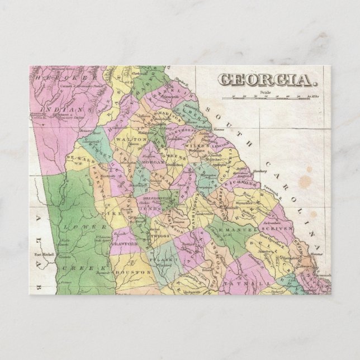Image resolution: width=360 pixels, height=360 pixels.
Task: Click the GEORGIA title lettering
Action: (x=266, y=80)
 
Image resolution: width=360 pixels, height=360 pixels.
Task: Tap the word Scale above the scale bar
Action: (x=265, y=93)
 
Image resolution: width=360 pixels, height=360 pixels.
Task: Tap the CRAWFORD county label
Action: (x=126, y=244)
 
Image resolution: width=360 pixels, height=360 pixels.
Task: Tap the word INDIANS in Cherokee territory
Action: (x=74, y=110)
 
